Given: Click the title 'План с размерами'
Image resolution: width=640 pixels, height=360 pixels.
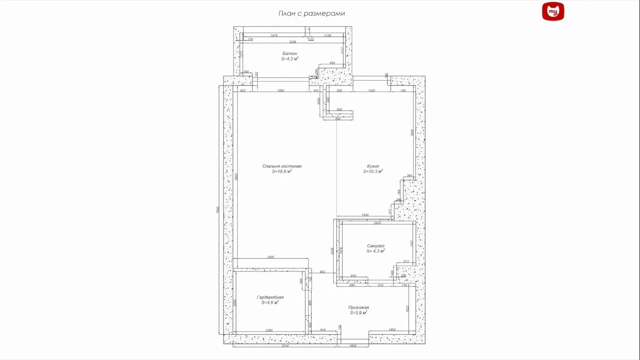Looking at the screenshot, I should pyautogui.click(x=312, y=14).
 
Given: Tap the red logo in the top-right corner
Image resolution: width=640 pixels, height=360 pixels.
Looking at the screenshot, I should pyautogui.click(x=553, y=12).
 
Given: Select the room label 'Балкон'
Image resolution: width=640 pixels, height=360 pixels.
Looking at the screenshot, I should pyautogui.click(x=290, y=53).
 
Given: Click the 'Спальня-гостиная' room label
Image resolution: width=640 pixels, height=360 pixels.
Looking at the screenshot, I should pyautogui.click(x=282, y=166).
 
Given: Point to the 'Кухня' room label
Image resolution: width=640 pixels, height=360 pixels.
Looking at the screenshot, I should pyautogui.click(x=373, y=166).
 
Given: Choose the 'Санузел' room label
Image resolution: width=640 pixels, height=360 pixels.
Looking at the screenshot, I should pyautogui.click(x=376, y=246).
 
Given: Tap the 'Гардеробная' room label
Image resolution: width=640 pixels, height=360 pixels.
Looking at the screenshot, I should pyautogui.click(x=270, y=297).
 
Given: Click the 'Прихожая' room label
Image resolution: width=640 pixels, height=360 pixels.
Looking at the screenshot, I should pyautogui.click(x=358, y=307).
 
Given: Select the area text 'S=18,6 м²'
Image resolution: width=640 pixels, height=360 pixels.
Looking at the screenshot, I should pyautogui.click(x=282, y=172).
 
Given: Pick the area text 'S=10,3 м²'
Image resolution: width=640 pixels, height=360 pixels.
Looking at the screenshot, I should pyautogui.click(x=373, y=172).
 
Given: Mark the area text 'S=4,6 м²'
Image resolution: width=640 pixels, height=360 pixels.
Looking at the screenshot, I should pyautogui.click(x=270, y=303).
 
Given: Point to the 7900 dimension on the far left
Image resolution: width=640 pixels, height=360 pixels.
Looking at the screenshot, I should pyautogui.click(x=218, y=211).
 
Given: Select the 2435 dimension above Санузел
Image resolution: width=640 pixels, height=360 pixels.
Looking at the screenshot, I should pyautogui.click(x=378, y=223).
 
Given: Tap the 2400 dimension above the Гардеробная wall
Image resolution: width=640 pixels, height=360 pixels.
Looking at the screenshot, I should pyautogui.click(x=271, y=257).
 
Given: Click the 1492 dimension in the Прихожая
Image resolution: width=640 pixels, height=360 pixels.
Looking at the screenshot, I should pyautogui.click(x=392, y=330).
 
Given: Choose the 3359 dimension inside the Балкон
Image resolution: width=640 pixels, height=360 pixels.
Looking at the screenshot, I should pyautogui.click(x=293, y=42).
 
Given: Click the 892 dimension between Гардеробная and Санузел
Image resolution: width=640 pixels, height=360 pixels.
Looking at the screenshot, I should pyautogui.click(x=322, y=272).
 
